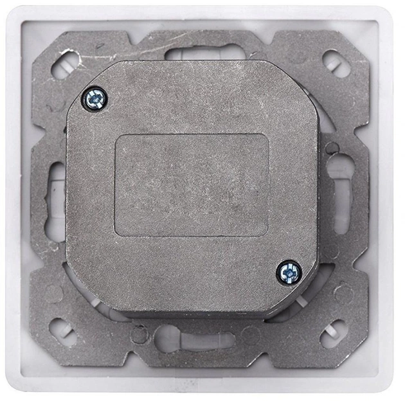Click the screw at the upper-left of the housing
coord(94,98)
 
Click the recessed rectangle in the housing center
coord(191,184)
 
